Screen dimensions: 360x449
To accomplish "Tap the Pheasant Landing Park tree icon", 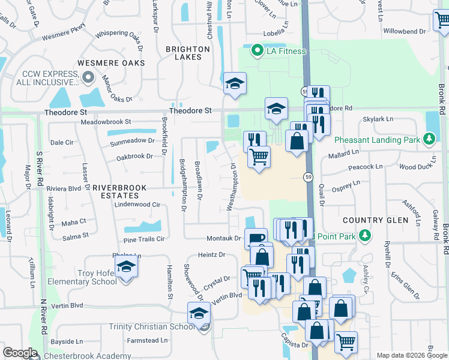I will pyautogui.click(x=429, y=140).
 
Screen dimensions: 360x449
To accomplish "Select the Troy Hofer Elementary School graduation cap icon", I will pyautogui.click(x=126, y=267).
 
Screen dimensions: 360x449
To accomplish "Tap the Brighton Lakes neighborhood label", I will pyautogui.click(x=192, y=53).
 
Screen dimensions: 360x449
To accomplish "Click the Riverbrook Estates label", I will pyautogui.click(x=119, y=192).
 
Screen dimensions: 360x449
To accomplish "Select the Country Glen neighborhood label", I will pyautogui.click(x=376, y=220).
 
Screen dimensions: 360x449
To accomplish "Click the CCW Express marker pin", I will pyautogui.click(x=88, y=77).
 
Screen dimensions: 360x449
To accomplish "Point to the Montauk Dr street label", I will pyautogui.click(x=223, y=238).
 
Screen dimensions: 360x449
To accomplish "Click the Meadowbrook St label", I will pyautogui.click(x=106, y=122).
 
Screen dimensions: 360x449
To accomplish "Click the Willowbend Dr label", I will pyautogui.click(x=404, y=30).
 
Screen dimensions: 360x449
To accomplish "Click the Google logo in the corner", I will pyautogui.click(x=20, y=353).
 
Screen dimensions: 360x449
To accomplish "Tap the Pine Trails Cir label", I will pyautogui.click(x=143, y=239).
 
